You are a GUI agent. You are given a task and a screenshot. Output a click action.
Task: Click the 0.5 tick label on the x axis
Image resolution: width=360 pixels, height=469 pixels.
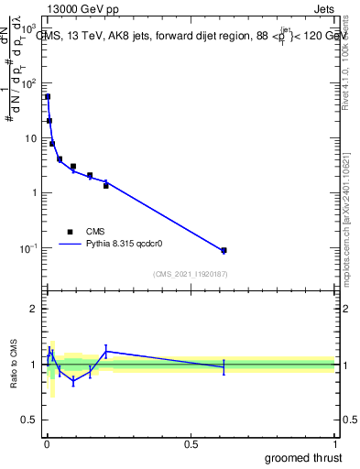tap(191, 443)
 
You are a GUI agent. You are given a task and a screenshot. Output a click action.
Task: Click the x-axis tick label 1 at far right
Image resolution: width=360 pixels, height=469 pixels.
tap(334, 443)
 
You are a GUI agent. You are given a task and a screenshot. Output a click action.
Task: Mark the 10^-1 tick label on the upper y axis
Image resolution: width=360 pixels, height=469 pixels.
tap(31, 248)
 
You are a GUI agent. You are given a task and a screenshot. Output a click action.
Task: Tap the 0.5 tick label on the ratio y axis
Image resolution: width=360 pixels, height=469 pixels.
tap(30, 420)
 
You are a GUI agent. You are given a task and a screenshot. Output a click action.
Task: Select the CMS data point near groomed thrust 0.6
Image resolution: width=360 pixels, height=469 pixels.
tap(224, 250)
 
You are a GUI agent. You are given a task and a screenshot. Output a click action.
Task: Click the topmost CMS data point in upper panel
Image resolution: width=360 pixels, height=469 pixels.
tap(48, 96)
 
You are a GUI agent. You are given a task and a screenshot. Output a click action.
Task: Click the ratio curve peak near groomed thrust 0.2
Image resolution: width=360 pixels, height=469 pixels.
tap(106, 351)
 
